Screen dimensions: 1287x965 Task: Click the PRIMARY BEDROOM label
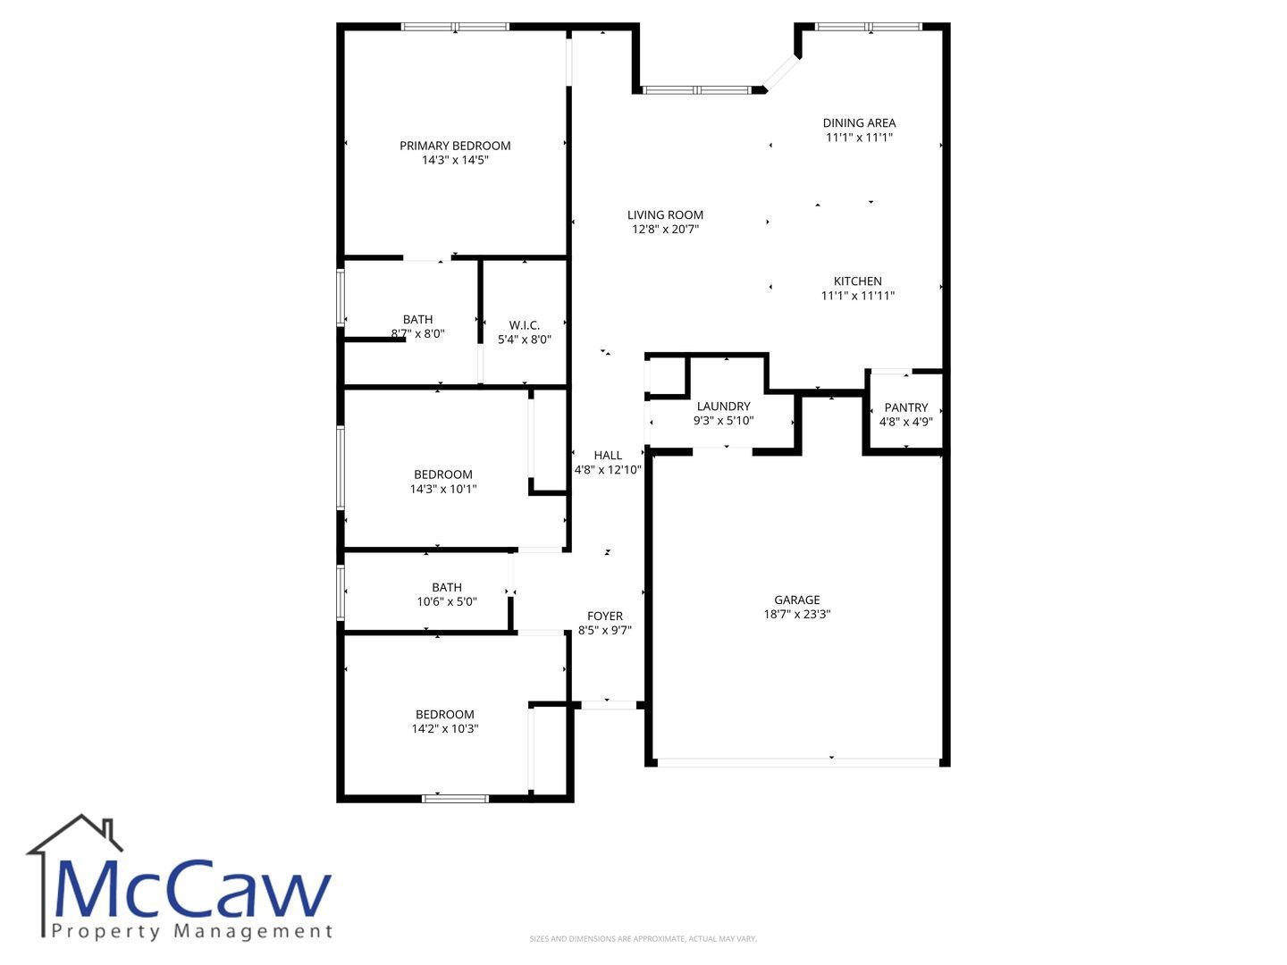pos(455,146)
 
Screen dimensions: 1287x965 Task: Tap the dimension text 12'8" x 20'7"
pos(666,229)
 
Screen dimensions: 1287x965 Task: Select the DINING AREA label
pos(859,123)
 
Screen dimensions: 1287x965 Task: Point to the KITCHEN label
pos(857,281)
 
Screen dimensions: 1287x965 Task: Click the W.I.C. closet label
pos(524,325)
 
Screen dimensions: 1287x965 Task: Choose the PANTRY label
pos(906,407)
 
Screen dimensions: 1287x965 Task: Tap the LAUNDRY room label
pos(724,406)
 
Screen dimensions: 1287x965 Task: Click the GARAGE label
pos(797,600)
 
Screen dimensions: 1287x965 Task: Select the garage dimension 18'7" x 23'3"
pos(797,614)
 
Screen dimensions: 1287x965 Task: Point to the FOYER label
pos(605,616)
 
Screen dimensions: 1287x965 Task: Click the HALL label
pos(608,456)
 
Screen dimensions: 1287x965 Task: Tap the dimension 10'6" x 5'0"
pos(447,601)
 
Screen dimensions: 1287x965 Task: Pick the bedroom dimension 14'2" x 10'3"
pos(445,729)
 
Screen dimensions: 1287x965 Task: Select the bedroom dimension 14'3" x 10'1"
pos(443,490)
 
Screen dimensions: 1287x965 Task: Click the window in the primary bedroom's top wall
pos(455,27)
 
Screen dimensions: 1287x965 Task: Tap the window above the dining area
pos(869,27)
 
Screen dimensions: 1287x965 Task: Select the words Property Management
pos(192,932)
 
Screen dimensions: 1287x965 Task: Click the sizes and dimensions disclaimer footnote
pos(643,938)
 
